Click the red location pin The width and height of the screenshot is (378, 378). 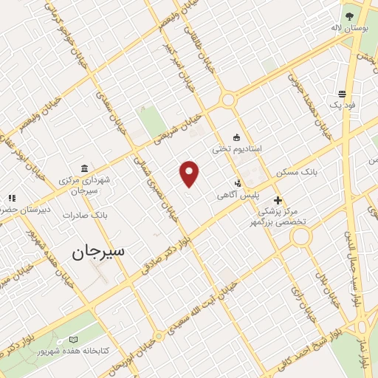pos(190,174)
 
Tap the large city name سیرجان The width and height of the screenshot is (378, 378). pos(99,251)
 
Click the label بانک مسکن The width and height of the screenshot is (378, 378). pos(297,171)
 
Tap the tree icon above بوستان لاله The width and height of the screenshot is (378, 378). pos(348,14)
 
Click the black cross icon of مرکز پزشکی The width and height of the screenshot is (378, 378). pos(278,200)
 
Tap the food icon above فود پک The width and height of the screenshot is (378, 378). pos(343,94)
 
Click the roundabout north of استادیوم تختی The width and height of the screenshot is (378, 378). pos(228,99)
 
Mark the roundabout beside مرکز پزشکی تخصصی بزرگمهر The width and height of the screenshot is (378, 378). pos(300,237)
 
